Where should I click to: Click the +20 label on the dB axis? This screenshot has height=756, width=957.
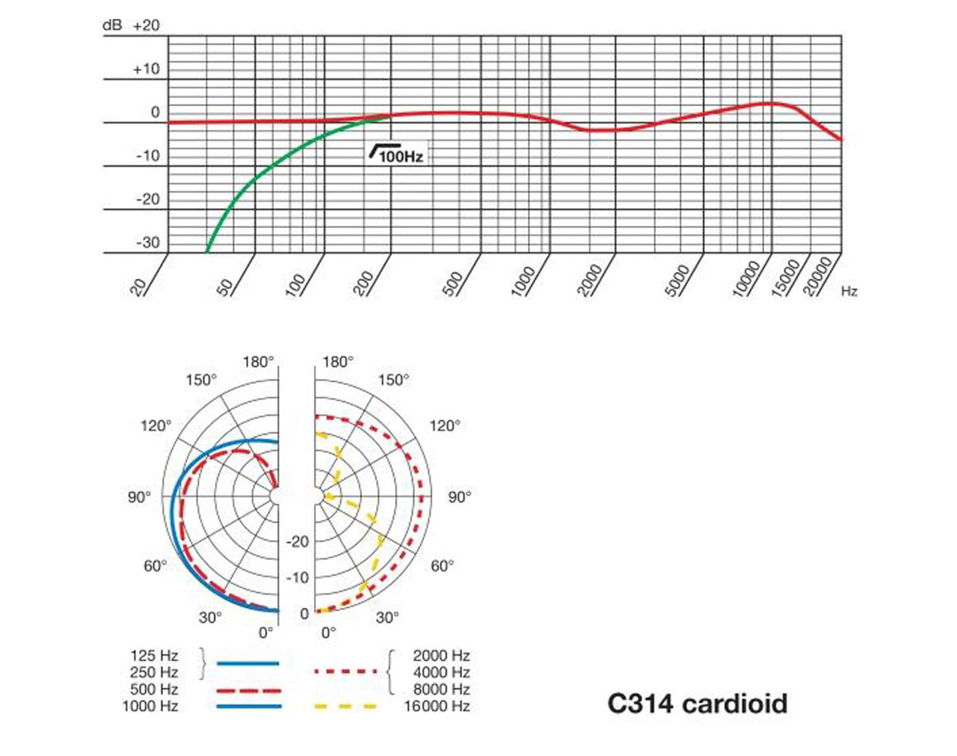click(x=147, y=25)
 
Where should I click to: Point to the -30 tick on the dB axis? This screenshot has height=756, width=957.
click(x=148, y=243)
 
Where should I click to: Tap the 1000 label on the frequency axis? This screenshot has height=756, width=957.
click(x=523, y=281)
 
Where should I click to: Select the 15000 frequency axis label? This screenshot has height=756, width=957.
click(x=786, y=278)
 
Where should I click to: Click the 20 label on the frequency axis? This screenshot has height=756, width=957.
click(x=138, y=287)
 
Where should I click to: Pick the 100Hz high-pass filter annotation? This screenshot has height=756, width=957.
click(x=397, y=153)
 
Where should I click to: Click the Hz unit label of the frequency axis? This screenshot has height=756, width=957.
click(x=849, y=292)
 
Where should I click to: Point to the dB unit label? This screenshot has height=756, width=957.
click(x=112, y=25)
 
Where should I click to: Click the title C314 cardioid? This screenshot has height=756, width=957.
click(x=698, y=704)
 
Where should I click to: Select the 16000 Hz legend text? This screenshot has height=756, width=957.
click(x=437, y=706)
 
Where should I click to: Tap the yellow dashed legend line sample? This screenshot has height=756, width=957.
click(x=345, y=706)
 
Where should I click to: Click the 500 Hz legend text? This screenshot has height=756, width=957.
click(x=154, y=689)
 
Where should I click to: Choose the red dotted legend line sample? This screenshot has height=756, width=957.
click(x=345, y=672)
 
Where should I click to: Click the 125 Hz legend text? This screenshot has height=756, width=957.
click(x=154, y=656)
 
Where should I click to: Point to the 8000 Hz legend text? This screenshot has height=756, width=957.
click(x=442, y=689)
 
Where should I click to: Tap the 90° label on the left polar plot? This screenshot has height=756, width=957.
click(x=139, y=497)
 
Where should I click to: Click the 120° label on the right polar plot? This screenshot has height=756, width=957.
click(x=445, y=426)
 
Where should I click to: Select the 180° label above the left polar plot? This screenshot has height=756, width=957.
click(x=258, y=362)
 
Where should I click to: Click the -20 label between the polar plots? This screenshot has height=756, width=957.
click(x=298, y=541)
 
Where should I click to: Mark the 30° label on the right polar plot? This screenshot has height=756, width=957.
click(x=387, y=617)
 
